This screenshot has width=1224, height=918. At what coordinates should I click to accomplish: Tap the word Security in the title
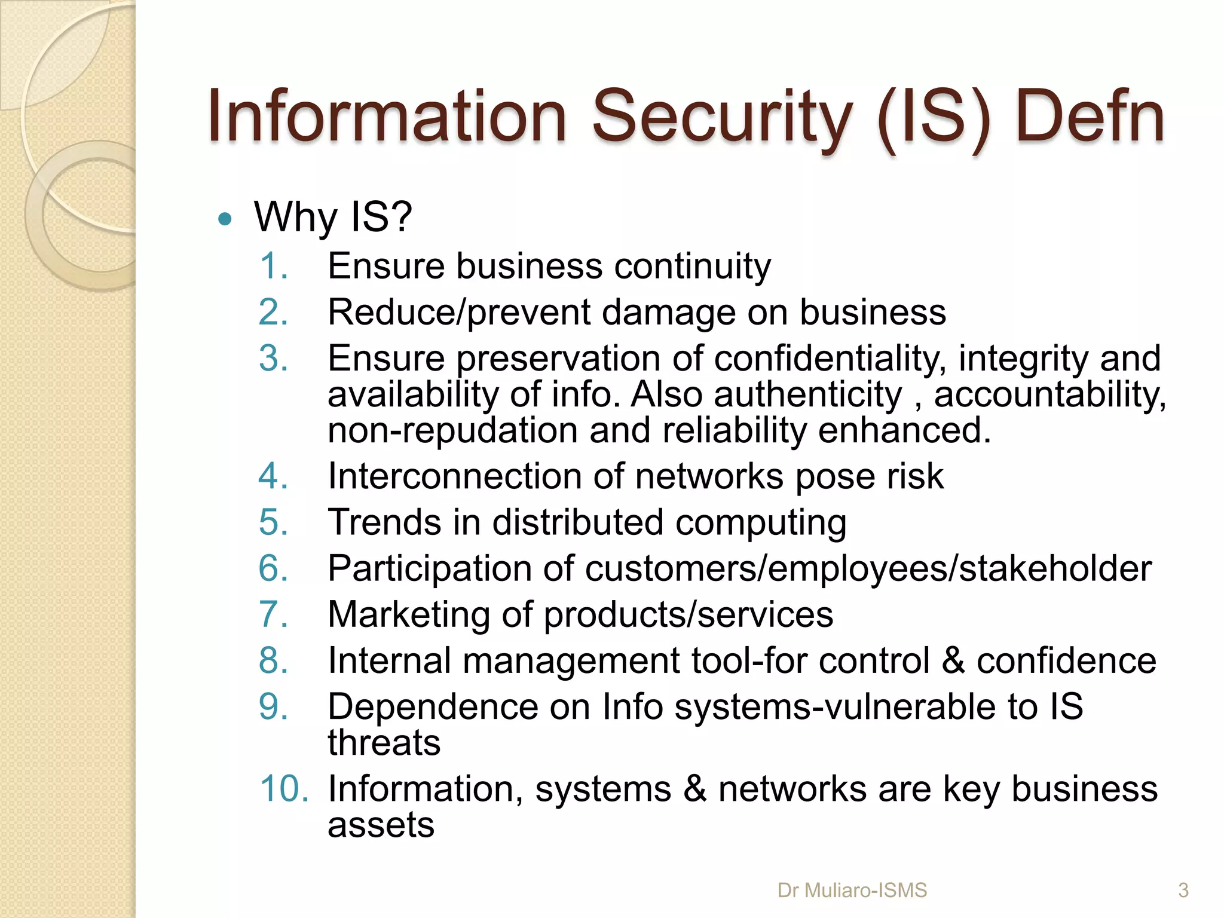coord(722,118)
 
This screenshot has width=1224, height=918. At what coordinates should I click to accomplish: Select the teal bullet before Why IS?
coord(225,219)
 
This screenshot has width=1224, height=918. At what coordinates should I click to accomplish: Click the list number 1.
coord(274,266)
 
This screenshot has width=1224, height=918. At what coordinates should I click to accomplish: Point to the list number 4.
coord(274,476)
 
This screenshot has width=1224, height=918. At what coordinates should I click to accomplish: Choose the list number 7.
coord(274,614)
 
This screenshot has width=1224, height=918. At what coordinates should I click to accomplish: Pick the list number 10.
coord(284,789)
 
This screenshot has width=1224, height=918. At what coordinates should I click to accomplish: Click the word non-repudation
coord(452,430)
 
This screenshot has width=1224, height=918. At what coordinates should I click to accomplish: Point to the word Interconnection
coord(455,476)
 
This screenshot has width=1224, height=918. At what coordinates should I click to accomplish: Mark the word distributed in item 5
coord(577,522)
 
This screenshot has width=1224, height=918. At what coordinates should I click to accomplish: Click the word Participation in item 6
coord(429,568)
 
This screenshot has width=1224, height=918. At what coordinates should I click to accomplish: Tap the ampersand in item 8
coord(953,661)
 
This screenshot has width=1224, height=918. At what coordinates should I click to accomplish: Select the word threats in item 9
coord(384,743)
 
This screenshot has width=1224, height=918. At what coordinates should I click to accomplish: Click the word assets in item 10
coord(381,825)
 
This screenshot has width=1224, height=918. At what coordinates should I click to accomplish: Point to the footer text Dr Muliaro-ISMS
coord(852,891)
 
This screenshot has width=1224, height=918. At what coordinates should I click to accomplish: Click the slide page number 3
coord(1183,891)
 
